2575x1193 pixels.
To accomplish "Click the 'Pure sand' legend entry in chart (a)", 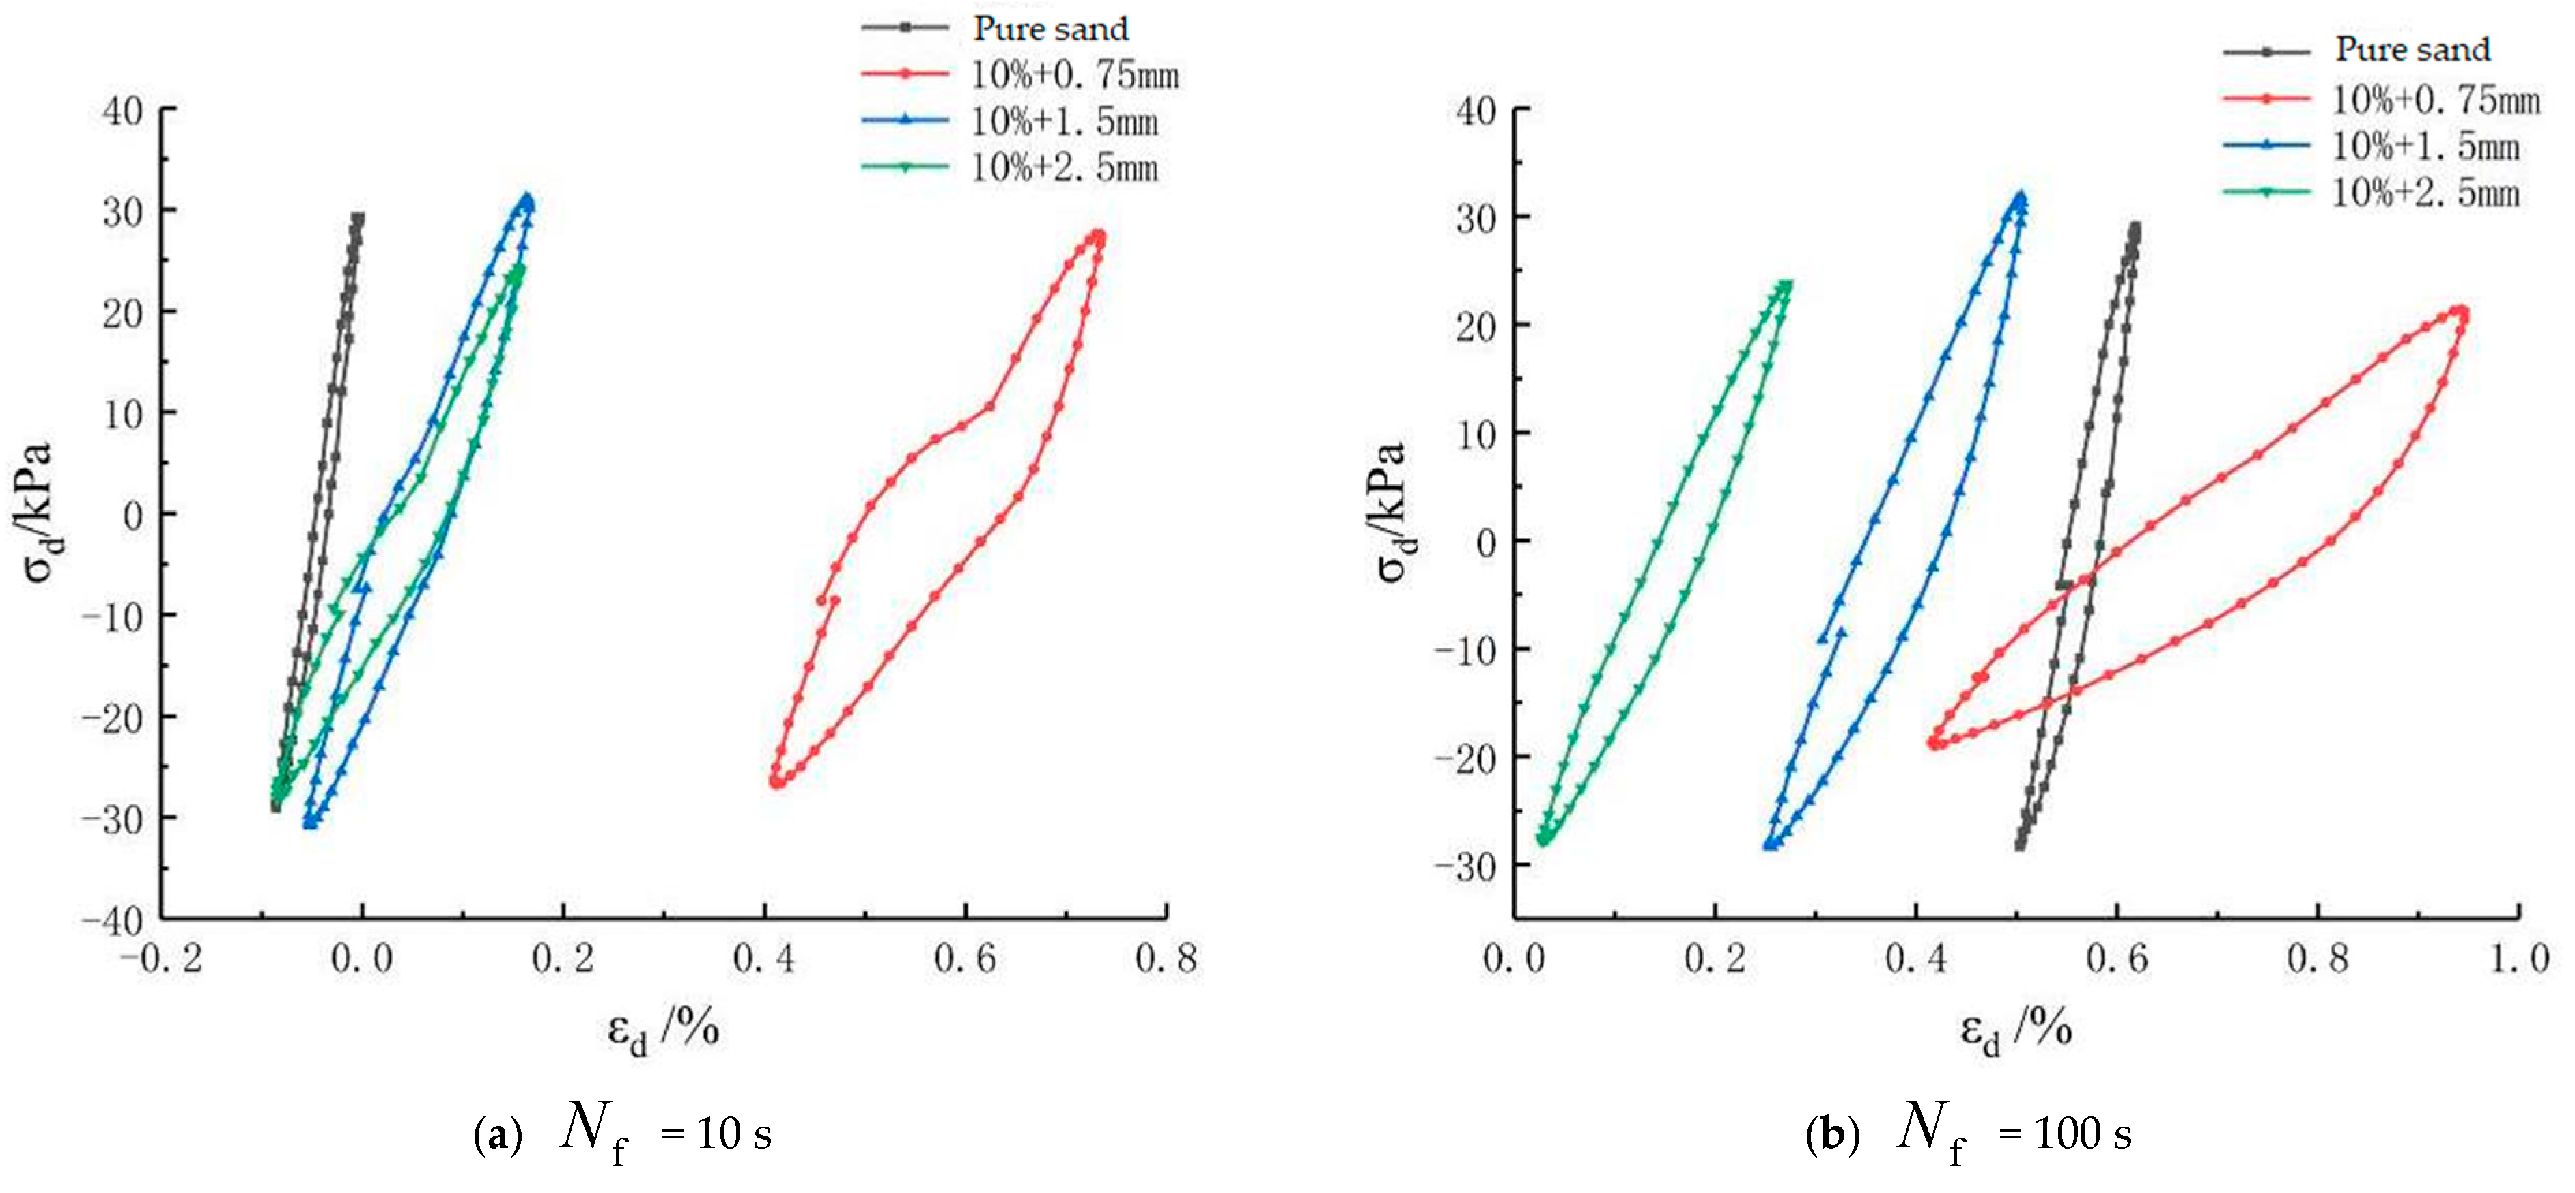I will [1050, 29].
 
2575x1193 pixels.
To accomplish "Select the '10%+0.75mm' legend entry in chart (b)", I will [2435, 100].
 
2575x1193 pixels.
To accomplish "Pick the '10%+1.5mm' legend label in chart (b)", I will [2425, 147].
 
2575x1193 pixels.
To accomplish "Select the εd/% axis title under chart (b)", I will [2015, 1030].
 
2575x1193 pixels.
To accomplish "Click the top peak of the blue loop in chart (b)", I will [2021, 198].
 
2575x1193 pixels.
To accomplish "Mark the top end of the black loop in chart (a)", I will [357, 218].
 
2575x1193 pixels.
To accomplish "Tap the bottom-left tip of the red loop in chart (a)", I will [776, 782].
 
